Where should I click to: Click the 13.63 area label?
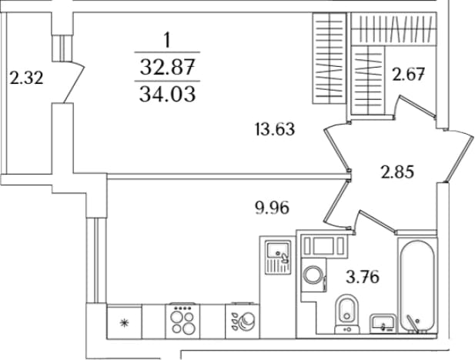pos(275,128)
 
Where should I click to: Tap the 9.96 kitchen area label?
pos(272,208)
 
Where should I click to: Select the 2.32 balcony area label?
pos(26,78)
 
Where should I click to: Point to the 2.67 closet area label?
pos(408,74)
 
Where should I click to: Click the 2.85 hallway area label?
pos(397,172)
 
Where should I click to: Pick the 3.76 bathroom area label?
pos(363,277)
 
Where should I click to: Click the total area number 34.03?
pos(168,94)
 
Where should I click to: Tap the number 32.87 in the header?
pos(167,67)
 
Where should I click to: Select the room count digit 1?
pos(167,41)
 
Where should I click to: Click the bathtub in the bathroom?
pos(417,286)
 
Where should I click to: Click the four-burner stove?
pos(182,321)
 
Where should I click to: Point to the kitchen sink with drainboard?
pos(278,257)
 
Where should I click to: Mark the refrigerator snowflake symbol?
pos(124,323)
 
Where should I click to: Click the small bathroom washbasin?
pos(383,324)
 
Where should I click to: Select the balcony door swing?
pos(74,82)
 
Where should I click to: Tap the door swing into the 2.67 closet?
pos(416,107)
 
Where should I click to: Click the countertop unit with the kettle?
pos(243,322)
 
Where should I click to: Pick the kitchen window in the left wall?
pos(96,260)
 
